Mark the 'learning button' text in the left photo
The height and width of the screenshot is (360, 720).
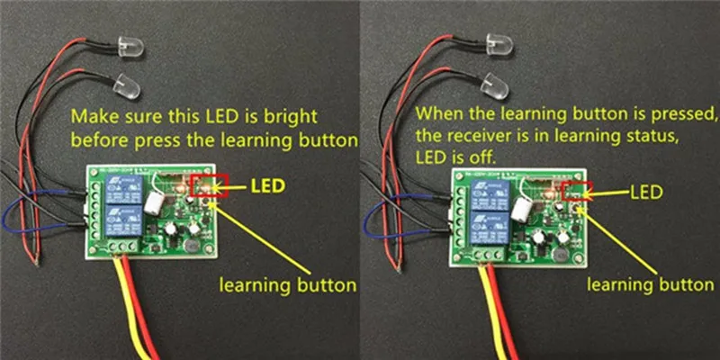tap(287, 286)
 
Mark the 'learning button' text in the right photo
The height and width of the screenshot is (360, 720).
tap(643, 285)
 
